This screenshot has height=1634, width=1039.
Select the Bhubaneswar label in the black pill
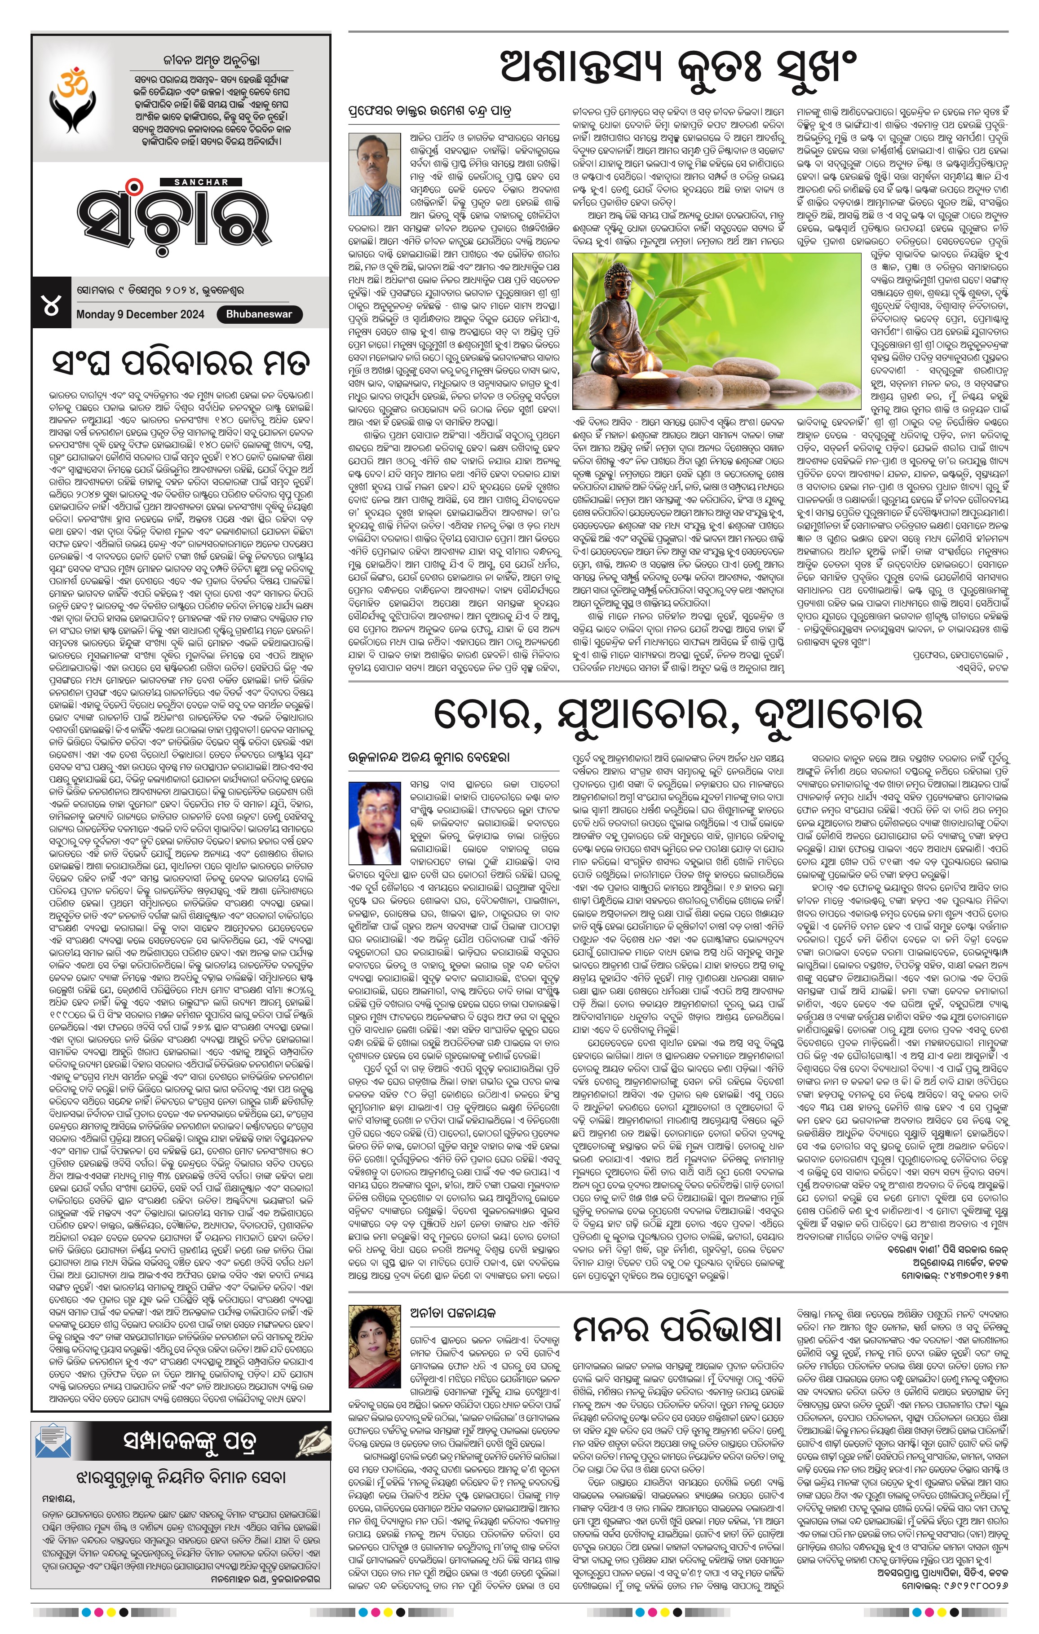point(259,314)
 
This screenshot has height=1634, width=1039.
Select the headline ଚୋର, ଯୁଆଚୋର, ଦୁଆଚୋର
point(677,714)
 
